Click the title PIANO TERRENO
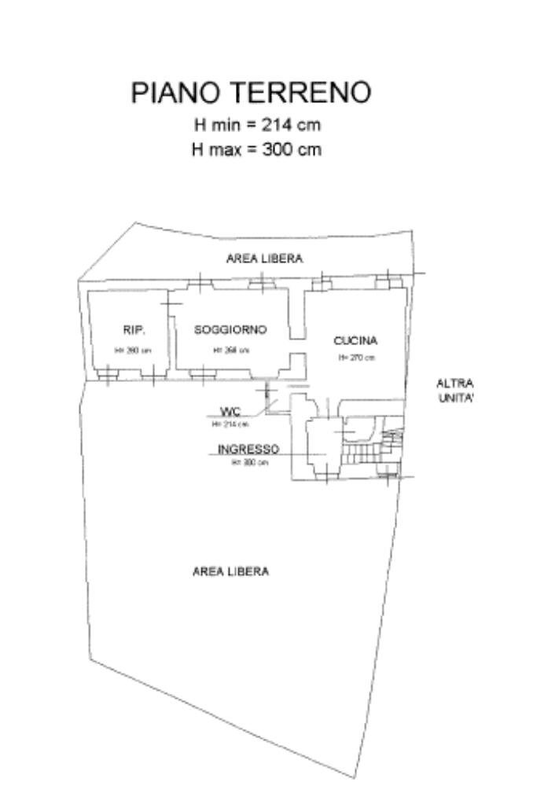tap(250, 93)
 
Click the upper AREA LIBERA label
tap(264, 259)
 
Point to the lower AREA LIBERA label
tap(230, 571)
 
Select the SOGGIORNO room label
tap(230, 329)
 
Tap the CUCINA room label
tap(355, 341)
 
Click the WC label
tap(230, 411)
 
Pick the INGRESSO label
tap(248, 450)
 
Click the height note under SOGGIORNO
tap(231, 351)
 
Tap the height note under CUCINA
tap(356, 358)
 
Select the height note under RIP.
tap(133, 351)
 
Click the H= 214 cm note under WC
tap(230, 424)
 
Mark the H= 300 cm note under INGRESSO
tap(249, 463)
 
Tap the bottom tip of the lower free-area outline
tap(356, 777)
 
